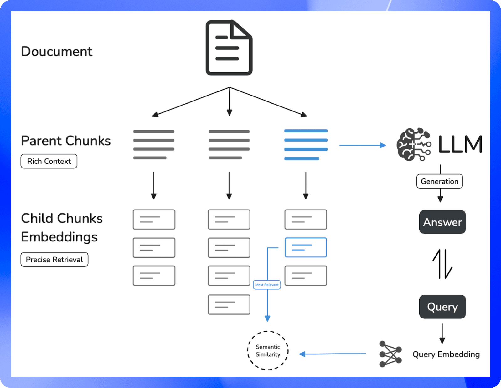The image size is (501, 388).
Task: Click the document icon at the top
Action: point(229,48)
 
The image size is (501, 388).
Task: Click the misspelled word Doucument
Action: point(57,52)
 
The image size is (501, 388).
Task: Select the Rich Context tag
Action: point(49,161)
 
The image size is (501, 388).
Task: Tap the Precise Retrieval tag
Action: point(54,260)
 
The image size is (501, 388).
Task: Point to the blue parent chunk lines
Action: point(306,145)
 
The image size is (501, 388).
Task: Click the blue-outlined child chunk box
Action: point(306,247)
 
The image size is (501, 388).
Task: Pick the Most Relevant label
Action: point(267,285)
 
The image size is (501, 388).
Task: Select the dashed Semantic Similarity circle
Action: point(268,351)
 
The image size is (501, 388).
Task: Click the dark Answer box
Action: point(442,222)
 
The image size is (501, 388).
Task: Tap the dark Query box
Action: point(442,307)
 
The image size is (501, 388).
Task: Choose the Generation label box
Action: point(440,181)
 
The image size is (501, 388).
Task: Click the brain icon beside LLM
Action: point(414,145)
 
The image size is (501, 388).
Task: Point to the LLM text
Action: point(460,145)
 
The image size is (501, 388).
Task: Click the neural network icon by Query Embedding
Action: point(390,354)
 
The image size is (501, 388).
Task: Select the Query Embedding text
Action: point(446,354)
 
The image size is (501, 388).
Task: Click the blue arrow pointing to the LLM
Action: point(362,145)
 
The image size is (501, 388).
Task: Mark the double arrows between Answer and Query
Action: point(442,264)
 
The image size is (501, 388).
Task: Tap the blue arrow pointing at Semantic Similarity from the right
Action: point(332,354)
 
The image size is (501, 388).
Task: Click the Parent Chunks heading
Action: point(66,141)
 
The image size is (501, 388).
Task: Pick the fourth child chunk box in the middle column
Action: point(229,304)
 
